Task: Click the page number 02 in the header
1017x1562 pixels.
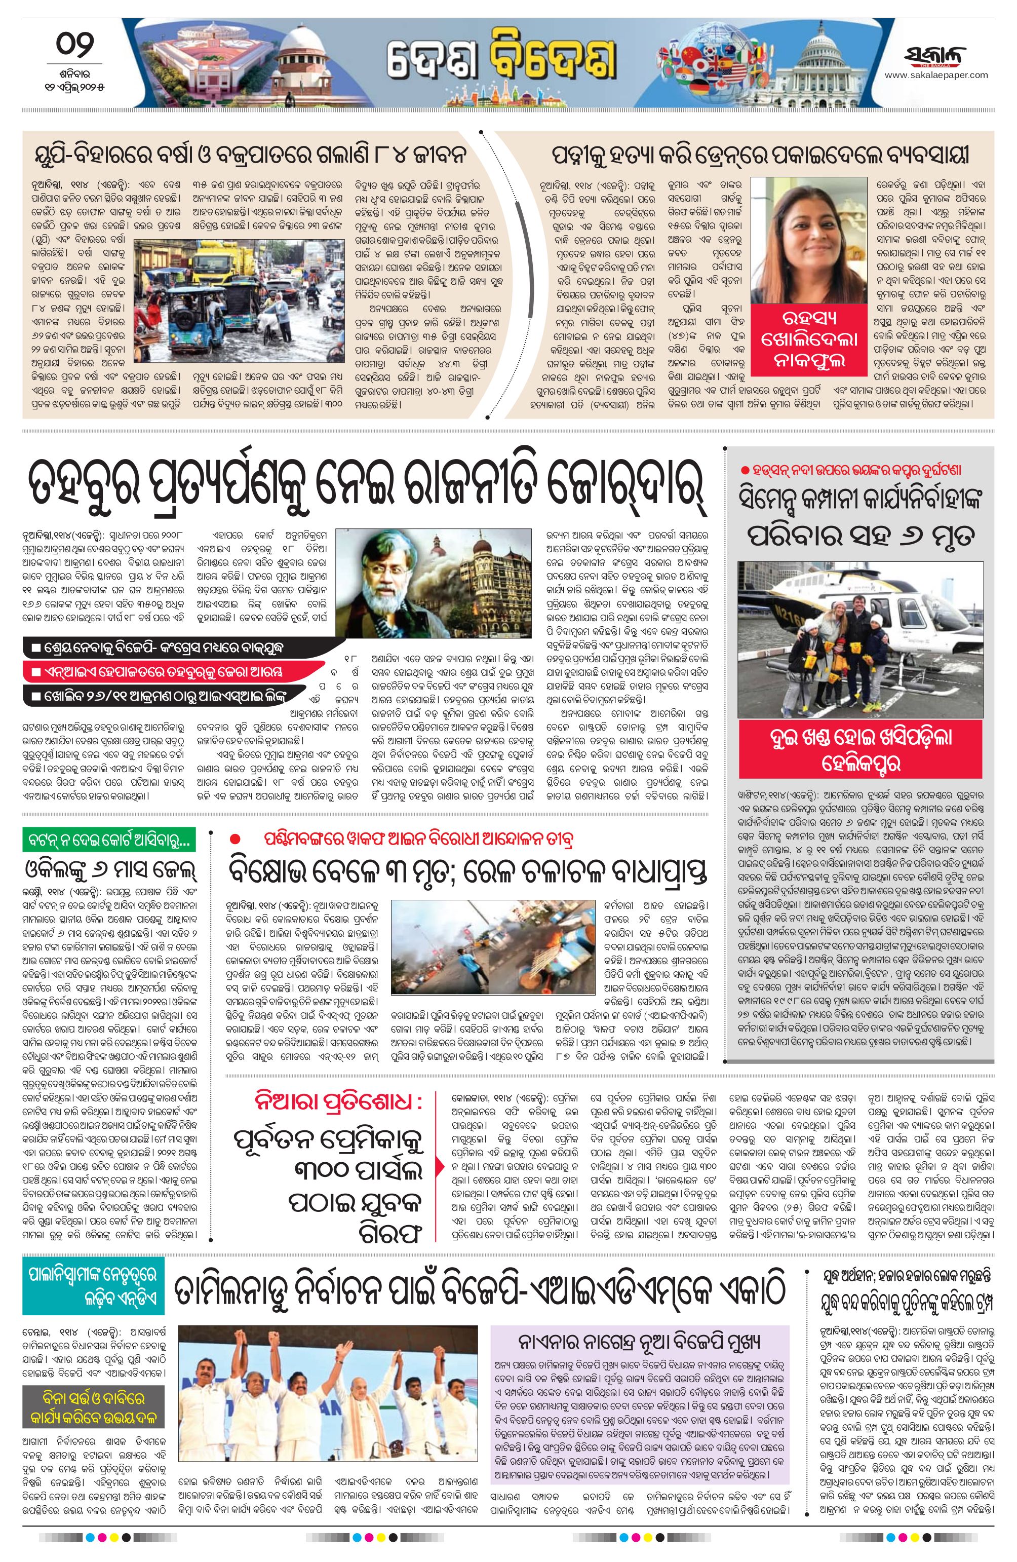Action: click(74, 47)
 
